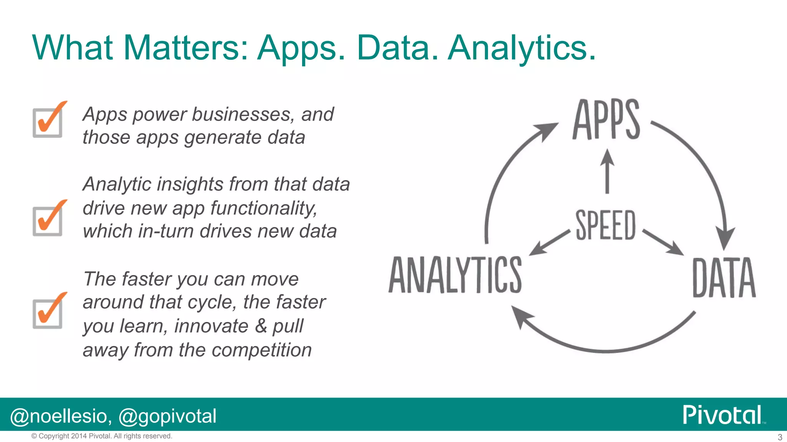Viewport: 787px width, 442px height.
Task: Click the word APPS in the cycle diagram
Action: pos(606,120)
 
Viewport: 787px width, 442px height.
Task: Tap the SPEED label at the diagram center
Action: pos(606,225)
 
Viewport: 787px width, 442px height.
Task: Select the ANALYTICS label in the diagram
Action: pos(455,275)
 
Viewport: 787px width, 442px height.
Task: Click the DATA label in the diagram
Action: pos(724,278)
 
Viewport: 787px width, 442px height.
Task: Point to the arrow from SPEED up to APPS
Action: pos(607,172)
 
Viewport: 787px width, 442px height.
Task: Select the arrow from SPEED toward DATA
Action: pos(663,242)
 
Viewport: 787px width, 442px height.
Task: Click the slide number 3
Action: pos(780,437)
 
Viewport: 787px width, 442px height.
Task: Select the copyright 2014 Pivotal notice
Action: pos(102,436)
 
